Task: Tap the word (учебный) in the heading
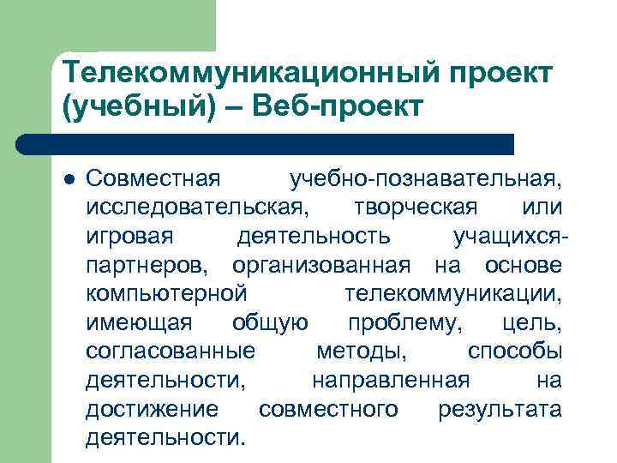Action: (x=132, y=108)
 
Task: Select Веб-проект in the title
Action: (x=320, y=108)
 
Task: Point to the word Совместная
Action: (x=153, y=181)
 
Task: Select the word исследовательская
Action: (x=200, y=208)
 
